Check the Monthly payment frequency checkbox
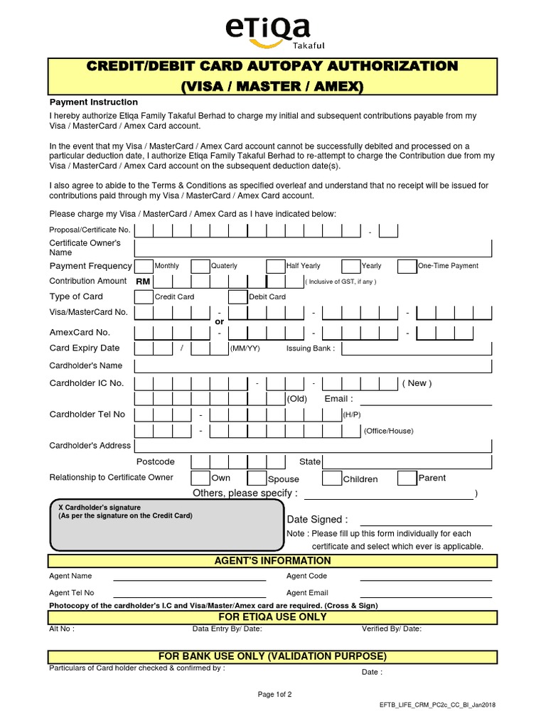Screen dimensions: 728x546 (x=144, y=266)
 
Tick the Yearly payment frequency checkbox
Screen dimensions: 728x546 (x=350, y=266)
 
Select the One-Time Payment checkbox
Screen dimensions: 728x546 (x=407, y=266)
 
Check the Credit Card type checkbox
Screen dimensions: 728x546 (x=144, y=296)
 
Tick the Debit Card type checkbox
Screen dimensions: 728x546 (x=237, y=296)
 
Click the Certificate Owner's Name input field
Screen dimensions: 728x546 (x=313, y=248)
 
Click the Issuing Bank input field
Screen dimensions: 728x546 (x=416, y=348)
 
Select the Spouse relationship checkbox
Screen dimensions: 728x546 (x=257, y=478)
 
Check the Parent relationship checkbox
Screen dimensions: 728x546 (x=407, y=478)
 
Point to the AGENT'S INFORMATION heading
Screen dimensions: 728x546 (x=272, y=561)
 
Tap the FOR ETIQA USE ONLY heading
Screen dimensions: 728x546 (x=272, y=617)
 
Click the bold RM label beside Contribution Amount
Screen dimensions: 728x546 (x=143, y=282)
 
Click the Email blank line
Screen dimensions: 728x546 (x=426, y=401)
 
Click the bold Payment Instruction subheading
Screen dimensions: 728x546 (x=93, y=102)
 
